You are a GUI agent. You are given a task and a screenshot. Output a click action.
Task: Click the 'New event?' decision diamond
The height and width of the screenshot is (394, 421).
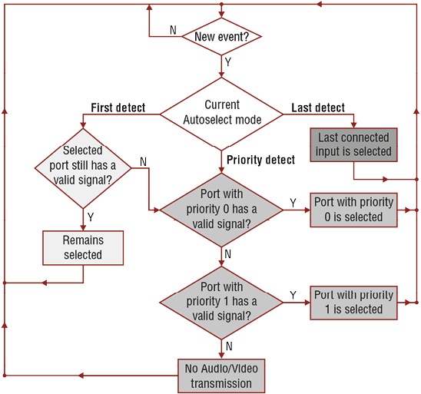click(x=221, y=37)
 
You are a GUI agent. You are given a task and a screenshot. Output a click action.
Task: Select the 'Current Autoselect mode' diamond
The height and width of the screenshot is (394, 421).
click(x=221, y=114)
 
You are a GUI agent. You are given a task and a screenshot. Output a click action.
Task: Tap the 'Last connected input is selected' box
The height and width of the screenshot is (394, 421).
click(x=353, y=144)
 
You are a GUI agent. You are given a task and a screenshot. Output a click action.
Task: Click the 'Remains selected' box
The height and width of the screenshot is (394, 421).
click(x=83, y=248)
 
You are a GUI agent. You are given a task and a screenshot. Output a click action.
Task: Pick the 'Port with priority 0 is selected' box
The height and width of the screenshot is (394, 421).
click(x=353, y=210)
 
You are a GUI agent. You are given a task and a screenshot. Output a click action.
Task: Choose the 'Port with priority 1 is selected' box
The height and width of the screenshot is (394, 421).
click(x=353, y=303)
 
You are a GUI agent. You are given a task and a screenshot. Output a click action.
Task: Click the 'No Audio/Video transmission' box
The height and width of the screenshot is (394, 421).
click(x=221, y=376)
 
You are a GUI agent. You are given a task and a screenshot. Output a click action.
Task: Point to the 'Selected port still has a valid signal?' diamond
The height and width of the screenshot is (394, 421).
click(x=83, y=168)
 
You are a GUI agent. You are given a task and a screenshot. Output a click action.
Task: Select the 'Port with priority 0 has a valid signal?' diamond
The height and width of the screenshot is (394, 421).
click(x=221, y=210)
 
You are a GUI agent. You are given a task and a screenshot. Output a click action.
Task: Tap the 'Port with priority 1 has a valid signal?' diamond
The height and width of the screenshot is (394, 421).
click(x=221, y=303)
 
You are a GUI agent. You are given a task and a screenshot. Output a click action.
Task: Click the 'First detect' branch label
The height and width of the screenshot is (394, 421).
click(x=118, y=108)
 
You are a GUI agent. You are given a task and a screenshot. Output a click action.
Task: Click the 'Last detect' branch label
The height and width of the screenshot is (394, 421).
click(x=318, y=108)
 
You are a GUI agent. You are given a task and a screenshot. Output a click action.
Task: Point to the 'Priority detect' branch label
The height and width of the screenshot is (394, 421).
click(x=260, y=160)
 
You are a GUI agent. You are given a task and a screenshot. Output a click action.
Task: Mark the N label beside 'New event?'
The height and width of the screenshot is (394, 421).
click(x=173, y=30)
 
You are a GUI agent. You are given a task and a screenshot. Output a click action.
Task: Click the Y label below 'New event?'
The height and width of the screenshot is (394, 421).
click(x=228, y=62)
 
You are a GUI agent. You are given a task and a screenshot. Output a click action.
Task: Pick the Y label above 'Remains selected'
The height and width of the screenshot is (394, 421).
click(x=91, y=217)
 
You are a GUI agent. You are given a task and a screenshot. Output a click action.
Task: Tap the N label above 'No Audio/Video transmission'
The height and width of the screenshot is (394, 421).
click(x=229, y=346)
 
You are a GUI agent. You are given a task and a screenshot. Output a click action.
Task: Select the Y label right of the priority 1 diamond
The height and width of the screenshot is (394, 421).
click(x=293, y=295)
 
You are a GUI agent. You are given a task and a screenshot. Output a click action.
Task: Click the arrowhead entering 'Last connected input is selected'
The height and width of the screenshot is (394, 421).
click(x=353, y=125)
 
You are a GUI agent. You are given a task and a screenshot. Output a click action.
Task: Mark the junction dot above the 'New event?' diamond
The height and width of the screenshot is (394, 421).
click(x=221, y=5)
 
